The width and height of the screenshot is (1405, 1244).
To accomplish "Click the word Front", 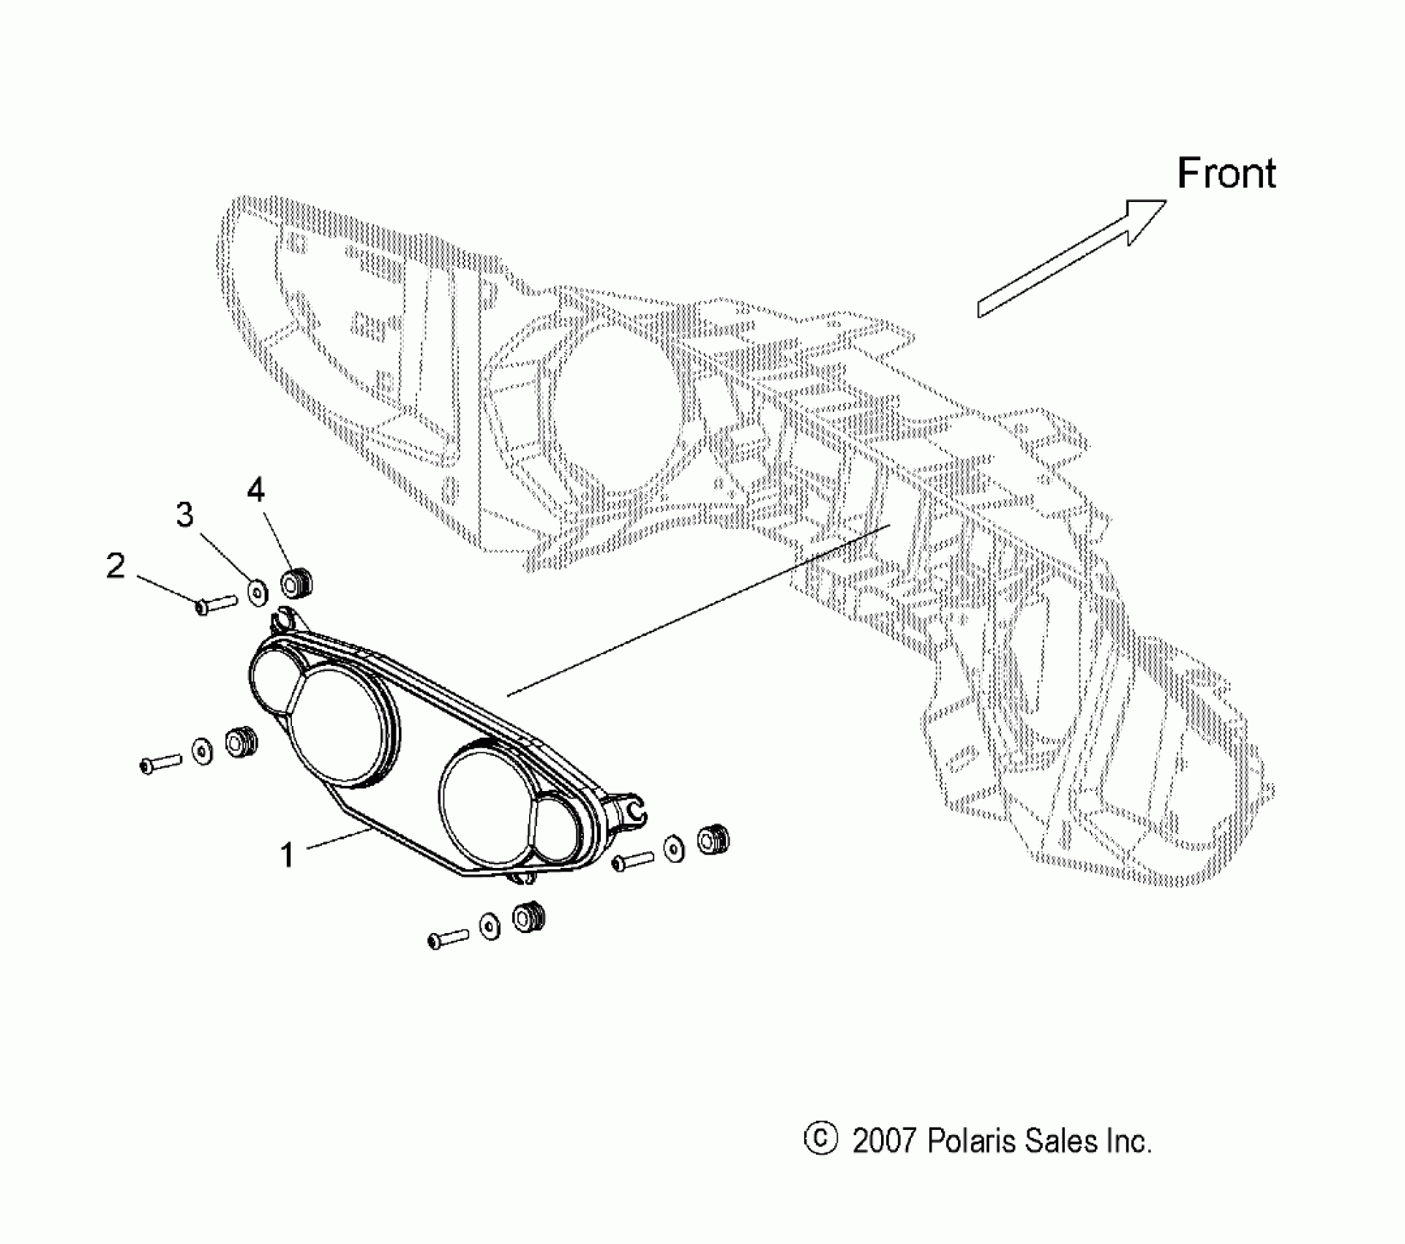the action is point(1226,174).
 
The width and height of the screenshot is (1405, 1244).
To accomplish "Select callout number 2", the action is point(116,566).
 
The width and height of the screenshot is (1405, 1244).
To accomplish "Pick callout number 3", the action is point(184,515).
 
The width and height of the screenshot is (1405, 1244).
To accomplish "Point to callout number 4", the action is point(255,490).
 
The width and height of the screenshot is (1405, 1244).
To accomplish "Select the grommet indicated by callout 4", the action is point(297,583).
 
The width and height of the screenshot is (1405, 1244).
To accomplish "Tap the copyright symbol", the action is point(820,1139).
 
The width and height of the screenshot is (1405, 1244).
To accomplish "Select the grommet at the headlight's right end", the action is point(713,839).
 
